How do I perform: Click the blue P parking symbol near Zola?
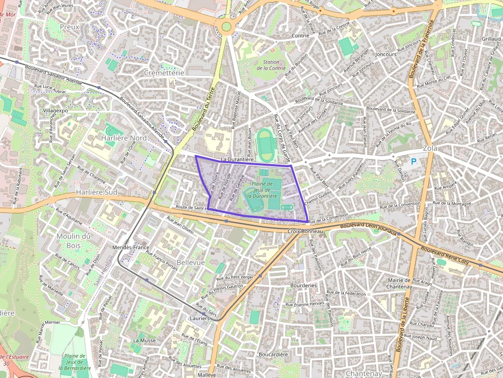(414, 162)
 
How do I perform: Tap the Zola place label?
(430, 148)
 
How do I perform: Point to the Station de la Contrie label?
(271, 65)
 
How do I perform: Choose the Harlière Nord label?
(124, 138)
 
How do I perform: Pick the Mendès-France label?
(133, 247)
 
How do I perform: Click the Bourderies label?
(303, 285)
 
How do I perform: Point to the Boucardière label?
(274, 354)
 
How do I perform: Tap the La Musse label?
(144, 340)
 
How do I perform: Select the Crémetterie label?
(164, 73)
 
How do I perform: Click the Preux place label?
(69, 27)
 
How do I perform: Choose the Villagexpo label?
(55, 110)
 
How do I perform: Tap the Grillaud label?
(491, 39)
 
